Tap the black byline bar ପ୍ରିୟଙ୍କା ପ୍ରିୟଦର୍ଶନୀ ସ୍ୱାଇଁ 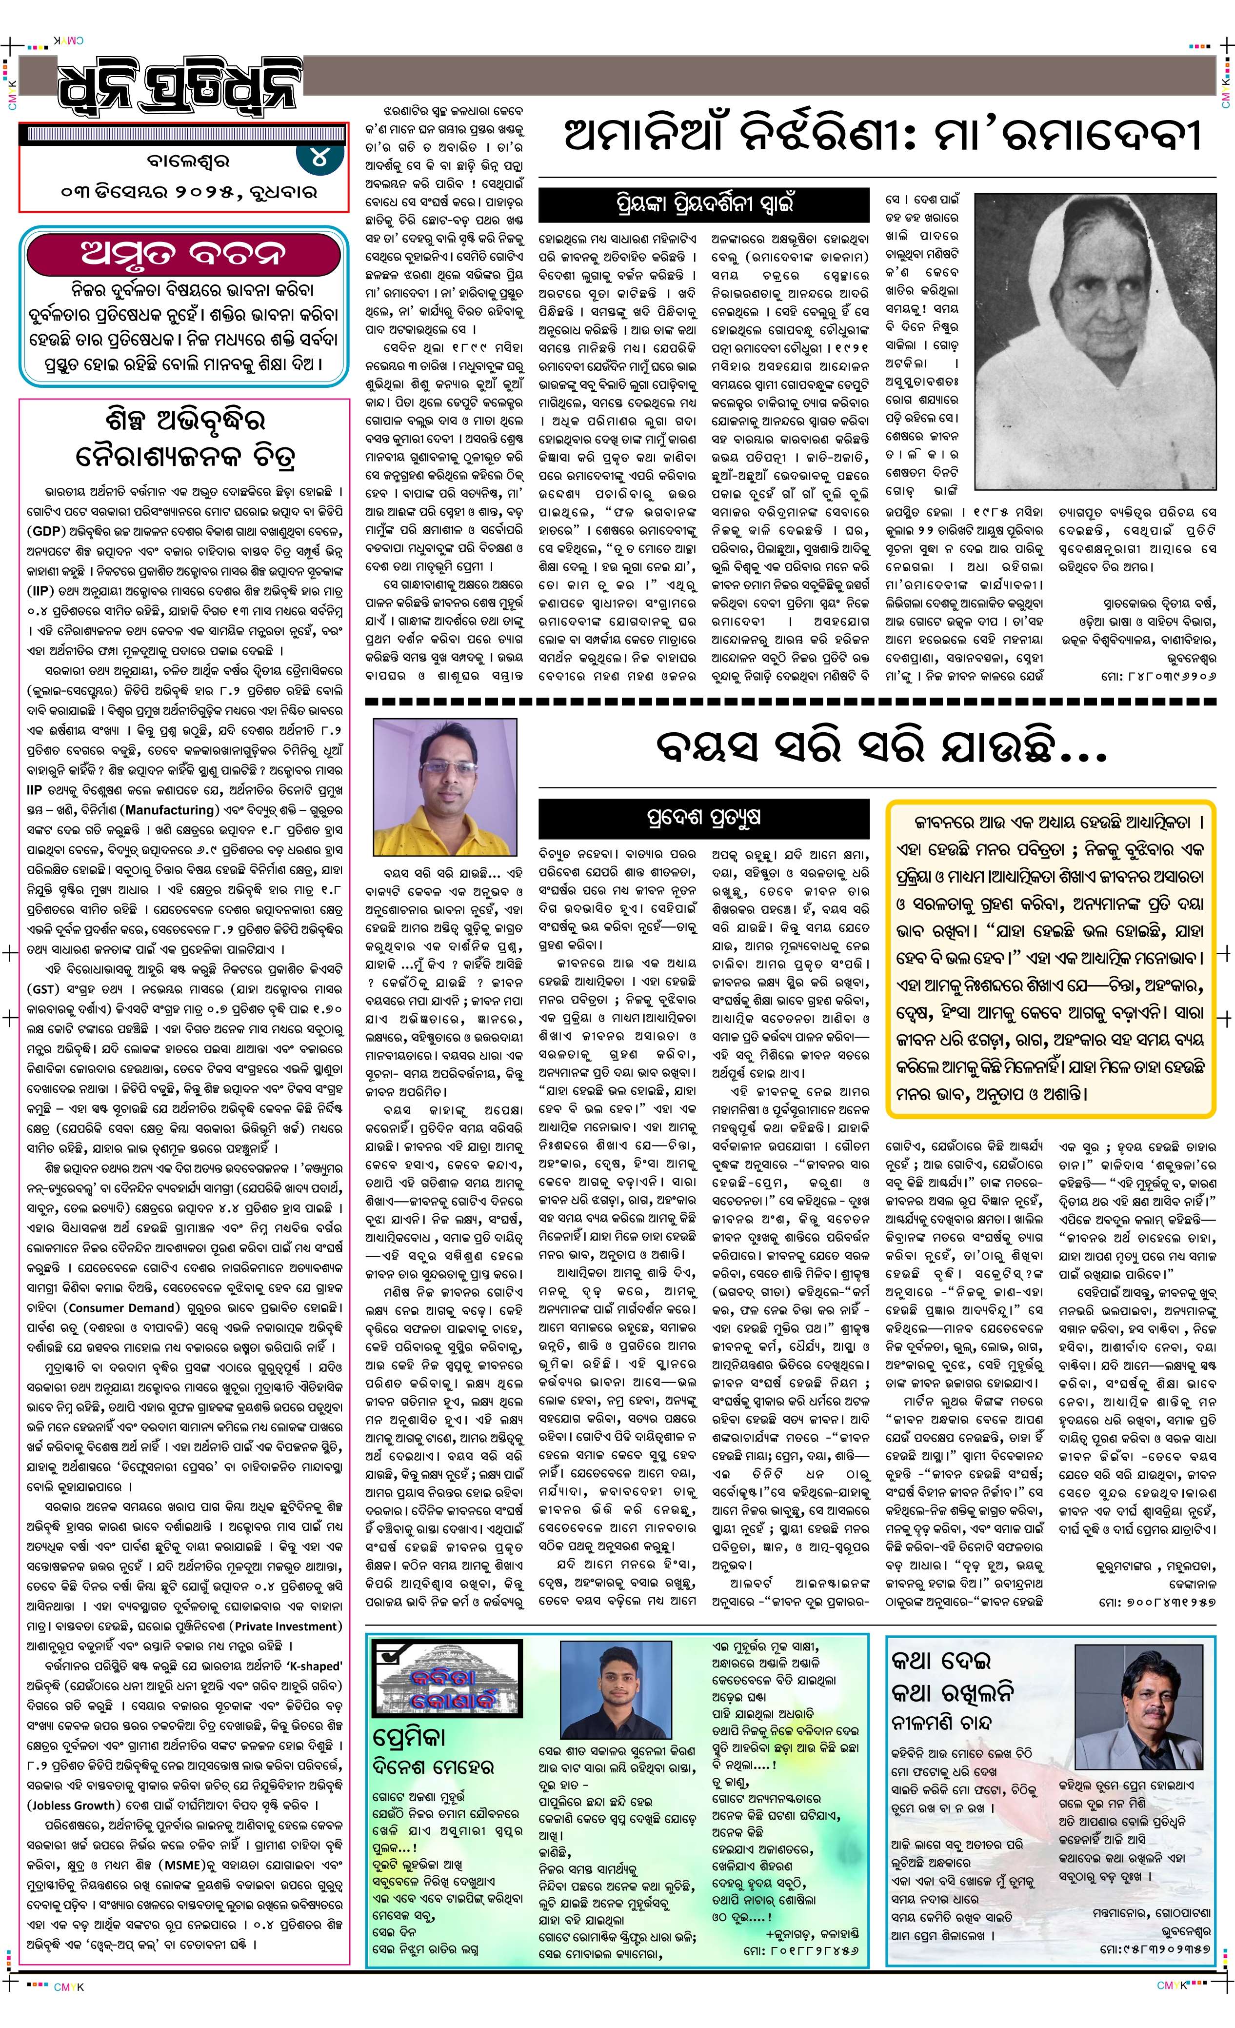(x=703, y=203)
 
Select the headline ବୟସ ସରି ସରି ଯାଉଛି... (x=880, y=746)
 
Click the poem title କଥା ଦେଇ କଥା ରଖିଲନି (x=953, y=1675)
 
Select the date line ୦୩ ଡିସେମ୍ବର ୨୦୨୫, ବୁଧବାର (x=189, y=193)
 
